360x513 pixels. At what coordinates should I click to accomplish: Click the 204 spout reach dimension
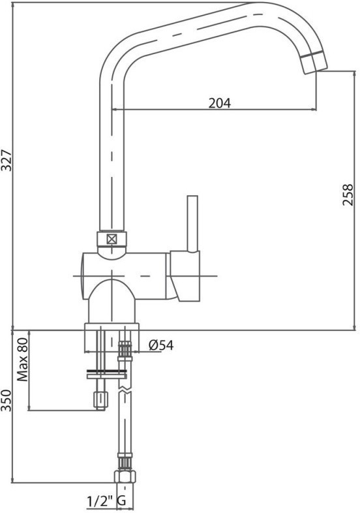click(219, 103)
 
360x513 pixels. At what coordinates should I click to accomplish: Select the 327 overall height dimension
click(7, 161)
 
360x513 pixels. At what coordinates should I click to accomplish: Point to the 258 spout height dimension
click(348, 194)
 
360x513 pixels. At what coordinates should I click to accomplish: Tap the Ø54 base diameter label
click(161, 345)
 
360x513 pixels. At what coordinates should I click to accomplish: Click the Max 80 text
click(23, 359)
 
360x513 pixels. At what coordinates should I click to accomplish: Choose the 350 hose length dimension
click(7, 401)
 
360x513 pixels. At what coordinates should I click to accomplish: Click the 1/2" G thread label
click(106, 501)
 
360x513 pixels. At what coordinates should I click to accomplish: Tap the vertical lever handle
click(192, 224)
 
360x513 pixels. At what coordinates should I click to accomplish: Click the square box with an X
click(112, 240)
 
